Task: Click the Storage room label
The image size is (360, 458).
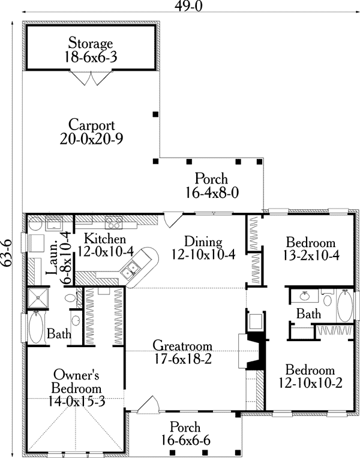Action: [x=91, y=43]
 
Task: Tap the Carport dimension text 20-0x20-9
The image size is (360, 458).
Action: [x=92, y=138]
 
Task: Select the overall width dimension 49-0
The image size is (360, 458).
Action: [x=189, y=5]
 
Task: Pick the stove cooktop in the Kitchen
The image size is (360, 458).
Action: [x=114, y=223]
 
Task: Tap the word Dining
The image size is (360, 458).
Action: [x=203, y=242]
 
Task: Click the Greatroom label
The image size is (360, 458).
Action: [x=182, y=345]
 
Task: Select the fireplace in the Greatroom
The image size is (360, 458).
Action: [x=251, y=351]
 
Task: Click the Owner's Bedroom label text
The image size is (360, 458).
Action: [x=77, y=381]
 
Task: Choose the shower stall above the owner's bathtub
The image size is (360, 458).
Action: [x=38, y=298]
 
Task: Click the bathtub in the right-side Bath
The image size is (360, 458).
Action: [x=345, y=306]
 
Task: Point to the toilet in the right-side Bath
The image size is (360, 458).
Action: [x=327, y=298]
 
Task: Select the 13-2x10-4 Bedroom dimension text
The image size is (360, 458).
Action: [x=311, y=255]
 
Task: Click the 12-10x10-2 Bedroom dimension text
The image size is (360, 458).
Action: [x=310, y=383]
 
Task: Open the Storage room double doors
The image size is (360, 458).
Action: [x=91, y=77]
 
